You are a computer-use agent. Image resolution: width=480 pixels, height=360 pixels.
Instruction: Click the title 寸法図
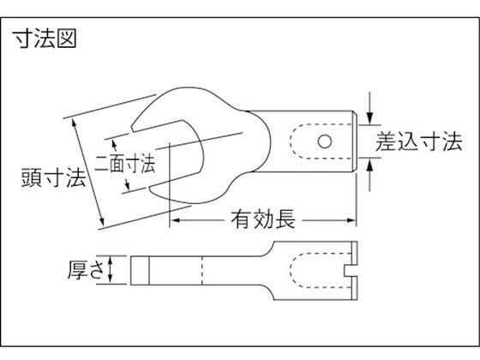coord(45,39)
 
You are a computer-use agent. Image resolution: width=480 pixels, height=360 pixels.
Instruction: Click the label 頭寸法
coord(53,178)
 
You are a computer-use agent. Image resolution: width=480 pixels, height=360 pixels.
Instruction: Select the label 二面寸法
coord(125,163)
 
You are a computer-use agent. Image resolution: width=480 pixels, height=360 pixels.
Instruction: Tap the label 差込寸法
coord(419,141)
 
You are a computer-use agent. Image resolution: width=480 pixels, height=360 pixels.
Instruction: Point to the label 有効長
coord(263,219)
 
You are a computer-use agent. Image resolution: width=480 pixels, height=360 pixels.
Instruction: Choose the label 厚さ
coord(86,270)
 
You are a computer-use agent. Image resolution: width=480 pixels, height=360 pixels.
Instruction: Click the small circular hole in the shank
coord(325,141)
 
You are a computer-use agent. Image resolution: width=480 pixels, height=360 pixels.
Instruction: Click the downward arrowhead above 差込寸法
coord(370,118)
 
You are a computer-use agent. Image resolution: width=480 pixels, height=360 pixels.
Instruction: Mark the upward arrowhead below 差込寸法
coord(370,165)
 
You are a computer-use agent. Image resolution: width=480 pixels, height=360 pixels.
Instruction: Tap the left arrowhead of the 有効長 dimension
coord(176,220)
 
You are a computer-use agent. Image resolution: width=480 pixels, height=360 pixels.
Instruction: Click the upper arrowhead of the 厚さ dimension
coord(111,261)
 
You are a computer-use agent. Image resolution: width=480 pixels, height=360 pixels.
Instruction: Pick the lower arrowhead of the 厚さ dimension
coord(111,278)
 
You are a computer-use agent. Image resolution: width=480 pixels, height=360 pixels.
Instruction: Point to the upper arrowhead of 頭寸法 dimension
coord(74,123)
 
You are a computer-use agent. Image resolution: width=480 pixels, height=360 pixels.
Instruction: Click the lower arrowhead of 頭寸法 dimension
coord(102,221)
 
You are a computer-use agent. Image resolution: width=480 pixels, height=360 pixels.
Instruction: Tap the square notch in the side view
coord(351,271)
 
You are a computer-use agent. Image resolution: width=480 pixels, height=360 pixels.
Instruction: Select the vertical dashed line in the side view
coord(201,270)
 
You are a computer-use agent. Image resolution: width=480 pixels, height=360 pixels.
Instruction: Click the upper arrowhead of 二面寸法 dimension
coord(114,144)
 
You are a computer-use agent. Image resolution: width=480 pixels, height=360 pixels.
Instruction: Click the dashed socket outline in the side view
coord(291,271)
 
